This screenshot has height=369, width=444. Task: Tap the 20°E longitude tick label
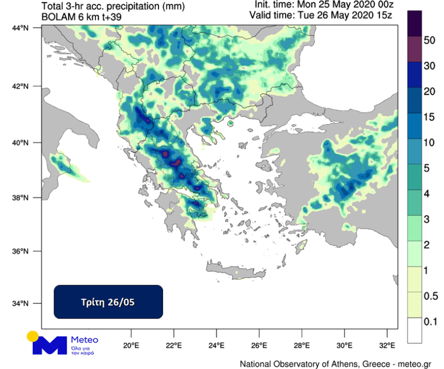tap(131, 346)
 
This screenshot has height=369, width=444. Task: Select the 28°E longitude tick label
tap(302, 346)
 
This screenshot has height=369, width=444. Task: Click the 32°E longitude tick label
tap(387, 346)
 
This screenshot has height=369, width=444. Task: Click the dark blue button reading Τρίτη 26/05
tap(108, 302)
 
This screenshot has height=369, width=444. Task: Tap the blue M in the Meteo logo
tap(49, 345)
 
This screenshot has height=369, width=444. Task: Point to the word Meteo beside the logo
tap(84, 340)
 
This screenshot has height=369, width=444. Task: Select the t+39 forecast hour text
tap(109, 17)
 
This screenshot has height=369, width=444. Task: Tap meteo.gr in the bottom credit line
tap(414, 363)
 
